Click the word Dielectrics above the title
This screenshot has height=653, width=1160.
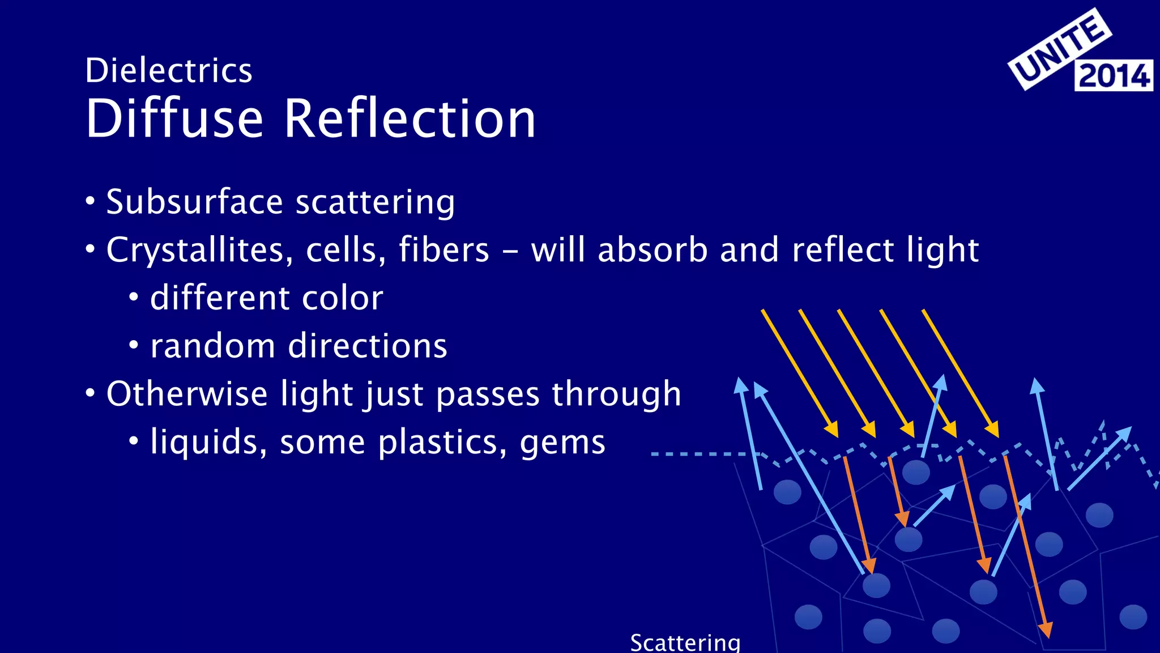click(168, 71)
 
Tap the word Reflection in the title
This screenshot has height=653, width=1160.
click(409, 119)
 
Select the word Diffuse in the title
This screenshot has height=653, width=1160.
click(174, 119)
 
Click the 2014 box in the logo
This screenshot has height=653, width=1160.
click(1113, 75)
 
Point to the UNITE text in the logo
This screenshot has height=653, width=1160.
click(1059, 49)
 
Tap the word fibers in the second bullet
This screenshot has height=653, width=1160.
click(443, 250)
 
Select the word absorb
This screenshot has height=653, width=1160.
click(652, 250)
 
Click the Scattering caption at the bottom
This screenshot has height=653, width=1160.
click(685, 643)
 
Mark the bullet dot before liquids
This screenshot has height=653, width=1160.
click(134, 441)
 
